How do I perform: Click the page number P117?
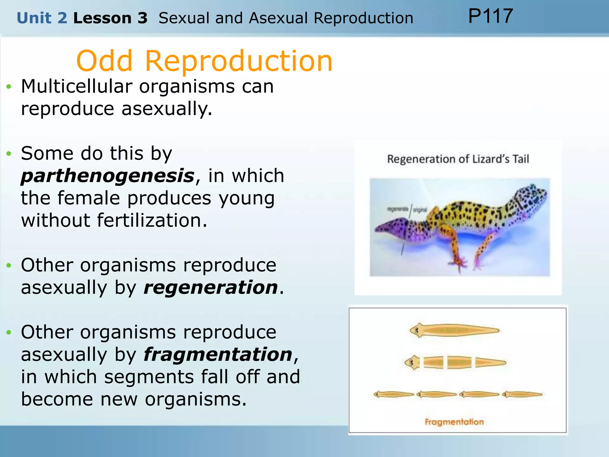tap(490, 16)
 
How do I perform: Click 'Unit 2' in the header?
tap(42, 18)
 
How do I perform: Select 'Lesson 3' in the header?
tap(110, 18)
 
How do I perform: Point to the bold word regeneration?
tap(211, 288)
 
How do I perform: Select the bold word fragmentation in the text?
tap(218, 355)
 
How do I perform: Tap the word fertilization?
tap(152, 220)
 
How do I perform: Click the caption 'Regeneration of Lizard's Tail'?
tap(458, 159)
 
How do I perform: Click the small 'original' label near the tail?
tap(420, 210)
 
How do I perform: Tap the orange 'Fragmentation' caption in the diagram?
tap(454, 422)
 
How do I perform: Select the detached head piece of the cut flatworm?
tap(412, 362)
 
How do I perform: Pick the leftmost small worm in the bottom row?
tap(394, 395)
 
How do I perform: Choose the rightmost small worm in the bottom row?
tap(522, 395)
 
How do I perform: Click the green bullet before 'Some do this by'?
tap(9, 154)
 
